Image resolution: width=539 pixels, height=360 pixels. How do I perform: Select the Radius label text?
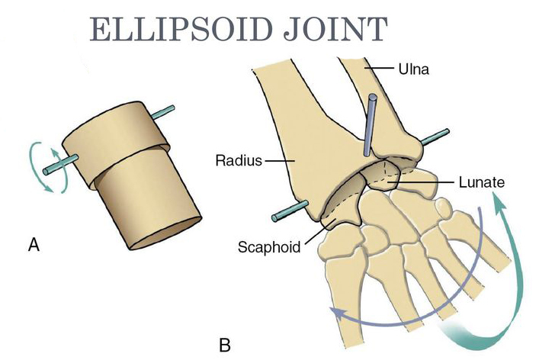click(239, 161)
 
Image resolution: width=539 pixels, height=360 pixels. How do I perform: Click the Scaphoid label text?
click(270, 247)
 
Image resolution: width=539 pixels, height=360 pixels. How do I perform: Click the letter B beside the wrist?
click(225, 345)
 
